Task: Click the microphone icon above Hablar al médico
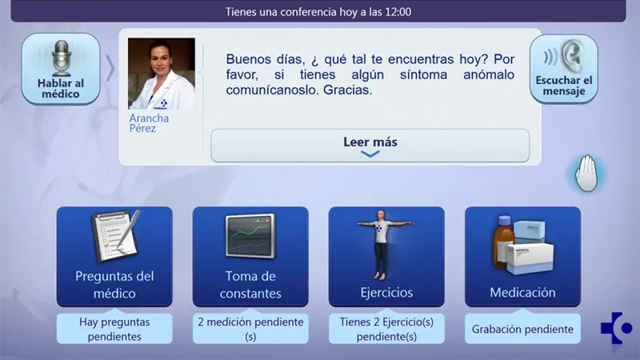point(62,58)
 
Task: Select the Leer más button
point(370,146)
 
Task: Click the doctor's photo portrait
point(162,74)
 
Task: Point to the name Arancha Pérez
point(149,123)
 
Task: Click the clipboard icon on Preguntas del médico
point(116,235)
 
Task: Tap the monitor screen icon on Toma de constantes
point(250,236)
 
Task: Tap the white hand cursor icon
point(586,173)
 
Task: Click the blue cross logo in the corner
point(616,328)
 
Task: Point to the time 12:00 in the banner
point(398,12)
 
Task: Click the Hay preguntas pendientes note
point(114,329)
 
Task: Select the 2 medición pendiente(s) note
point(250,329)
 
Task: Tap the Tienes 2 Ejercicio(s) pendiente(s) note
point(386,329)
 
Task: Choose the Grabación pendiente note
point(522,329)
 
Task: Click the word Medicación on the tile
point(522,292)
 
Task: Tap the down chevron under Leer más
point(370,154)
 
